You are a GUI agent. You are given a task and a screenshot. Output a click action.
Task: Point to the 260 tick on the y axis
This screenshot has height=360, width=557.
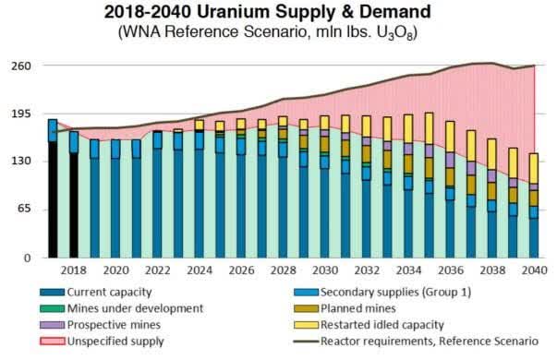[21, 66]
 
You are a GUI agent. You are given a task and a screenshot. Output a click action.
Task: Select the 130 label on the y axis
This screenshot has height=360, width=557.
[21, 162]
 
